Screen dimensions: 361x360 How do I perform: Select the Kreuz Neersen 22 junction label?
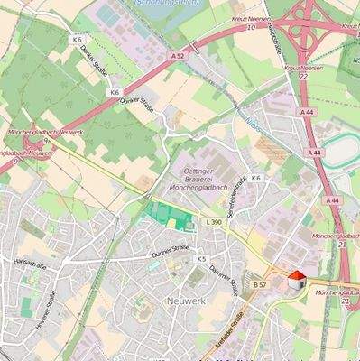tap(303, 71)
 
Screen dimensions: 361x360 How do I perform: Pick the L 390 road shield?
tap(214, 221)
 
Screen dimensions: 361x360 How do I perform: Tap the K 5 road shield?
tap(201, 259)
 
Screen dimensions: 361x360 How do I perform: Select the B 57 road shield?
tap(260, 285)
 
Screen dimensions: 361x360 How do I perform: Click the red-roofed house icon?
tap(295, 281)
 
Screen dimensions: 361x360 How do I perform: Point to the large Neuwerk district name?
tap(187, 299)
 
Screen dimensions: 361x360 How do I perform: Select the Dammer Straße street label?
tap(221, 272)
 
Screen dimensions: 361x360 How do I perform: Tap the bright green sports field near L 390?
tap(169, 215)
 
